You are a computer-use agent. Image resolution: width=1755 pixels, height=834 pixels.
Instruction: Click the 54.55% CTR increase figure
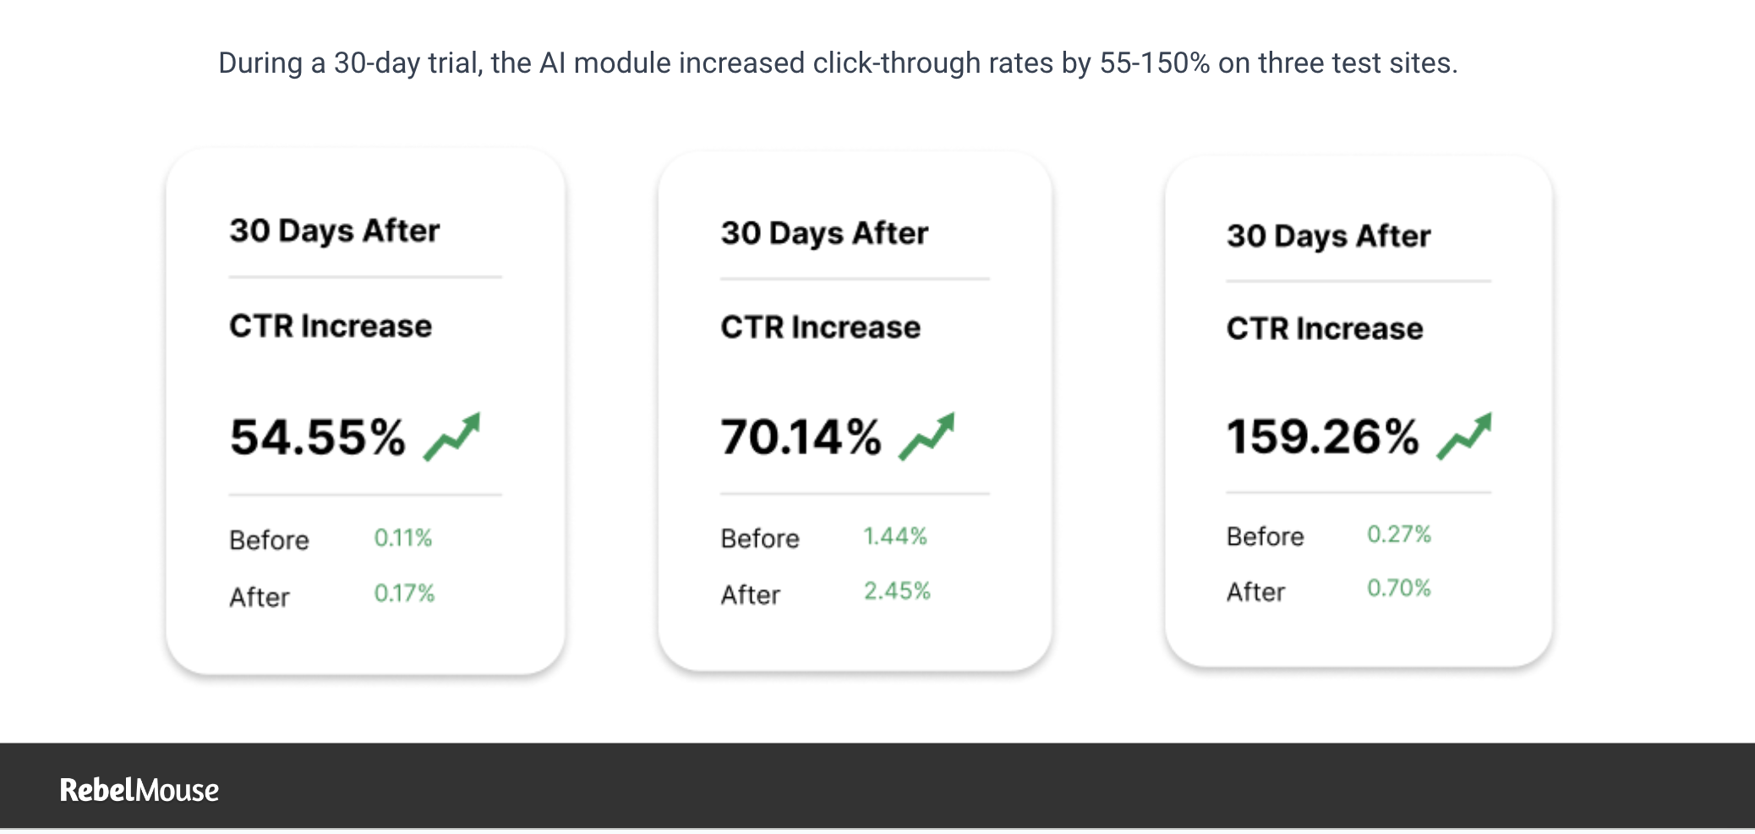(318, 437)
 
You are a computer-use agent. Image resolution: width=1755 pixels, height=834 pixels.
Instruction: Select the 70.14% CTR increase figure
(801, 437)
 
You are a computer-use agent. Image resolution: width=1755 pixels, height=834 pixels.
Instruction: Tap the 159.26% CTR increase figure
(1322, 436)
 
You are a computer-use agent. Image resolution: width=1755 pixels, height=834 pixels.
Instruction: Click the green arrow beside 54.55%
(452, 436)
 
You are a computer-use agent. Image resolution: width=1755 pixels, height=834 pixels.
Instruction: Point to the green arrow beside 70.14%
(927, 436)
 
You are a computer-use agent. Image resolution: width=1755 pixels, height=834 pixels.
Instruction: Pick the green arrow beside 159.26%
(1464, 436)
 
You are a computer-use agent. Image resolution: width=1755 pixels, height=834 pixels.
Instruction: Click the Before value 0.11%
(403, 538)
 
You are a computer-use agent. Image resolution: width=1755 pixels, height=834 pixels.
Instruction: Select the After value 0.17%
(404, 594)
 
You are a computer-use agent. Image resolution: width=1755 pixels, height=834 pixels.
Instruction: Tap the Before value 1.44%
(894, 536)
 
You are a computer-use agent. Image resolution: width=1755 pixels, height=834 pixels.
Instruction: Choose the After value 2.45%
(896, 591)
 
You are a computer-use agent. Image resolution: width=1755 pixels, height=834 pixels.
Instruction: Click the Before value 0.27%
(1399, 535)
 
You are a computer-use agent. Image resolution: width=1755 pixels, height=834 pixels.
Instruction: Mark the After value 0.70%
(1399, 589)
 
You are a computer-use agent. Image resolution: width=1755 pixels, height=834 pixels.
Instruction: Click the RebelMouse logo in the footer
(139, 790)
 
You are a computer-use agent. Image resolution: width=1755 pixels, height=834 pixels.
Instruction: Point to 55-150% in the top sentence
(1155, 63)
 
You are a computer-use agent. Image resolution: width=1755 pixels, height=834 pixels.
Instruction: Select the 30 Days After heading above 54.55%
(335, 231)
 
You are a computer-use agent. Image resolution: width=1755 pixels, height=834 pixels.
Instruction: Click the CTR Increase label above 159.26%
(1325, 328)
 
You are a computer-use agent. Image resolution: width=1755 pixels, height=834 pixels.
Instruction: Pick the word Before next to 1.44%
(760, 539)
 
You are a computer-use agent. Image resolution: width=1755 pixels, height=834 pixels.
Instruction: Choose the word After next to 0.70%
(1255, 592)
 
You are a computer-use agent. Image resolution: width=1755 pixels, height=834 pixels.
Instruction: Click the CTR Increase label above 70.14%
(820, 327)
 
